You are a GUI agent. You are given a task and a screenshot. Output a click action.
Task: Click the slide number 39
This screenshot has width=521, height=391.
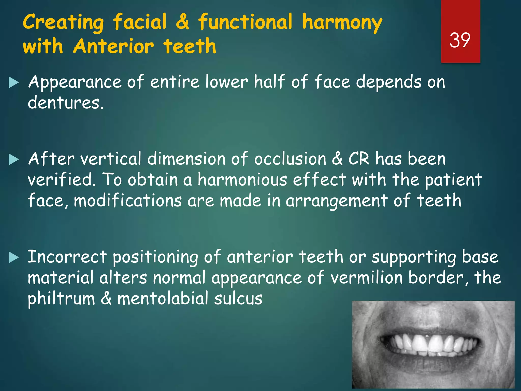pos(460,40)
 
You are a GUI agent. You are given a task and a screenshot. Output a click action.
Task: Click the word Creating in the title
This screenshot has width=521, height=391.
pos(63,22)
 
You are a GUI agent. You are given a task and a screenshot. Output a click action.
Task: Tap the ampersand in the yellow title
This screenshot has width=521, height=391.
pos(182,22)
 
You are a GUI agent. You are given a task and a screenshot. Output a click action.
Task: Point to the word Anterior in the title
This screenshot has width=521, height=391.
pos(113,46)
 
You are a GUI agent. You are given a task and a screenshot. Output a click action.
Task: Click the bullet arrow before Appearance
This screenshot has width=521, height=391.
pos(14,83)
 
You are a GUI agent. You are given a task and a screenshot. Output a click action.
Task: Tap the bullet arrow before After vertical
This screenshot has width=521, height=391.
pos(14,160)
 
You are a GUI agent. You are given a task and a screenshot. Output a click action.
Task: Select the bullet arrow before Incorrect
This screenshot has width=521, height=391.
pos(14,258)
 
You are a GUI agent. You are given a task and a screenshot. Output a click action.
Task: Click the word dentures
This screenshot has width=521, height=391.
pos(66,103)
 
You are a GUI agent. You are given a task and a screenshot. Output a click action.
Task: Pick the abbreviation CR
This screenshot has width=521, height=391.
pos(358,159)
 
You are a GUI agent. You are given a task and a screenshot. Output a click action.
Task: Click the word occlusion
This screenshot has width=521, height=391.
pos(290,159)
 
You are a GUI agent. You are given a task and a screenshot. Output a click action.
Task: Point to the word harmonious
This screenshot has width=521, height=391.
pos(242,180)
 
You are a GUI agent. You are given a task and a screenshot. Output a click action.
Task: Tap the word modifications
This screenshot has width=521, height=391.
pos(128,201)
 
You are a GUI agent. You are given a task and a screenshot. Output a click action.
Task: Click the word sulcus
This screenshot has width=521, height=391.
pos(238,299)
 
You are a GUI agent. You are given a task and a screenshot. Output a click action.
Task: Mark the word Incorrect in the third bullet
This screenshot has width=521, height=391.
pos(67,257)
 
